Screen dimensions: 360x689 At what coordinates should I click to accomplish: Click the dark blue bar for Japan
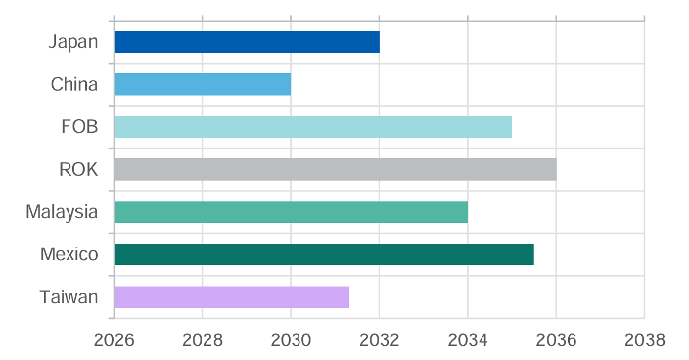pyautogui.click(x=247, y=42)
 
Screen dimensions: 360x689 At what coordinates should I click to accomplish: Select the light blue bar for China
pyautogui.click(x=203, y=84)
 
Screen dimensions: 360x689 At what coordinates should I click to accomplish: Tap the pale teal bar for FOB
pyautogui.click(x=312, y=127)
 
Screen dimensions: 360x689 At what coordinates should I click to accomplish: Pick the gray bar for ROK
pyautogui.click(x=335, y=169)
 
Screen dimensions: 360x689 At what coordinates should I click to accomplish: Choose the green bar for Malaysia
pyautogui.click(x=291, y=211)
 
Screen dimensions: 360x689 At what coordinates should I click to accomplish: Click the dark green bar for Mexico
pyautogui.click(x=324, y=254)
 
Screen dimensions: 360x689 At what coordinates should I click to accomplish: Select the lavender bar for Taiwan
pyautogui.click(x=232, y=297)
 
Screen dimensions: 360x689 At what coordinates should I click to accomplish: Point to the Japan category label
pyautogui.click(x=73, y=42)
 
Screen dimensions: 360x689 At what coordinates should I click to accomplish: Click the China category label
pyautogui.click(x=74, y=84)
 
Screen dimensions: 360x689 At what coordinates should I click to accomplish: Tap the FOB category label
pyautogui.click(x=79, y=127)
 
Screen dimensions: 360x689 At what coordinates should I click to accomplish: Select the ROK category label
pyautogui.click(x=78, y=169)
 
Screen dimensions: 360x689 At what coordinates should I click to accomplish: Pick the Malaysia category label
pyautogui.click(x=63, y=212)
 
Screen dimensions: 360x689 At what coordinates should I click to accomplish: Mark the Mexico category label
pyautogui.click(x=69, y=254)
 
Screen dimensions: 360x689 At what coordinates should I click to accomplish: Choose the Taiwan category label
pyautogui.click(x=69, y=297)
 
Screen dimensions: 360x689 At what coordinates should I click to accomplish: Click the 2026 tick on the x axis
pyautogui.click(x=114, y=340)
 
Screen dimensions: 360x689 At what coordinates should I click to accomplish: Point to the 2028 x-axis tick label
pyautogui.click(x=202, y=340)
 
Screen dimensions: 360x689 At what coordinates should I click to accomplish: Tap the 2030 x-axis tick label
pyautogui.click(x=291, y=340)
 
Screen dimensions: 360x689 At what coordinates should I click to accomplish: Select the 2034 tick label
pyautogui.click(x=468, y=340)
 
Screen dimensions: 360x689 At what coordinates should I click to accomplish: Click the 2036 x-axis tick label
pyautogui.click(x=556, y=340)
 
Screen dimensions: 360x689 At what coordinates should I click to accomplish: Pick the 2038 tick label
pyautogui.click(x=644, y=340)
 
